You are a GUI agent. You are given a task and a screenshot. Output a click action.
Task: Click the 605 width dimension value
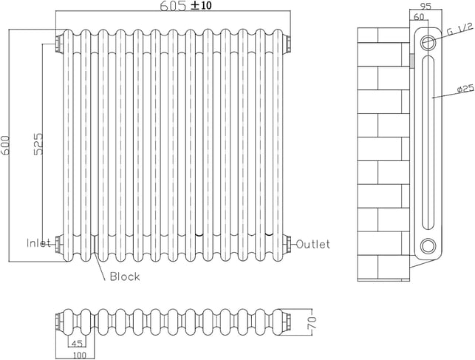pyautogui.click(x=173, y=7)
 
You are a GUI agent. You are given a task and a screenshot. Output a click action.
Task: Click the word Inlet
pyautogui.click(x=39, y=243)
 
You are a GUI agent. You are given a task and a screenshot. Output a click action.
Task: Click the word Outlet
pyautogui.click(x=314, y=244)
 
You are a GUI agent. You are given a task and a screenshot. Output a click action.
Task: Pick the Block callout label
pyautogui.click(x=124, y=277)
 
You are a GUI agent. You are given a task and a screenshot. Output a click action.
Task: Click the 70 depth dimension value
pyautogui.click(x=311, y=322)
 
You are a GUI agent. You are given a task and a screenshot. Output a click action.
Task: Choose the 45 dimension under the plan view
pyautogui.click(x=76, y=342)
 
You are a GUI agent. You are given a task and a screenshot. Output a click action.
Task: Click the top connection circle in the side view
pyautogui.click(x=428, y=43)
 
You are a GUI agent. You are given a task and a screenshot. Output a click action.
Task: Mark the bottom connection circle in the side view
pyautogui.click(x=428, y=247)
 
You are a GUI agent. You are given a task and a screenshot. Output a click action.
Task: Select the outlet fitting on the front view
pyautogui.click(x=289, y=242)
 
